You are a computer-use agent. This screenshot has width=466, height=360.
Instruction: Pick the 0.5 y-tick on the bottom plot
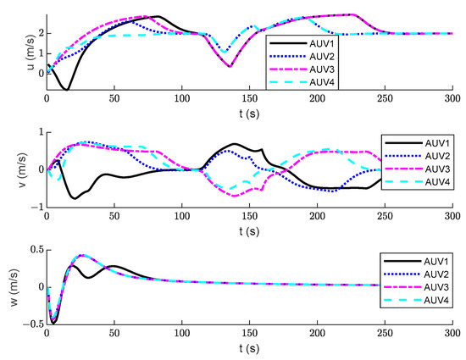tap(32, 248)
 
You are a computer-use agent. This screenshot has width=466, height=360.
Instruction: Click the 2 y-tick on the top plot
tap(38, 34)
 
